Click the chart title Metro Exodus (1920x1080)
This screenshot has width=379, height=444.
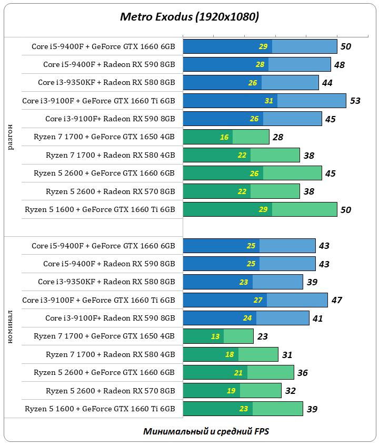coord(189,17)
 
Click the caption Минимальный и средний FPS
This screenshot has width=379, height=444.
coord(206,431)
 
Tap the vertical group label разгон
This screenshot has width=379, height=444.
coord(11,138)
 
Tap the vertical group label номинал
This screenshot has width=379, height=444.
coord(11,327)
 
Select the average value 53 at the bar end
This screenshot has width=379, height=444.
coord(355,101)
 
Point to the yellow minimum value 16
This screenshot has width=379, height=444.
coord(224,137)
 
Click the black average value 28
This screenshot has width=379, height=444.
coord(278,137)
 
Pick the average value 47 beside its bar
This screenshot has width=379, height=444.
coord(336,300)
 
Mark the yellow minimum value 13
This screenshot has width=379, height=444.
coord(215,336)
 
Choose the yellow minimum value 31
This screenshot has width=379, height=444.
coord(269,101)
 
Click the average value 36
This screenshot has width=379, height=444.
coord(303,373)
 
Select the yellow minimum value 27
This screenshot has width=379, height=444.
coord(258,300)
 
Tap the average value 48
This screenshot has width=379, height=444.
coord(340,64)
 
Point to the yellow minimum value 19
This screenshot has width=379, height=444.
coord(231,391)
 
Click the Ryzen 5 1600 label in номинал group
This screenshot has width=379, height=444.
coord(99,409)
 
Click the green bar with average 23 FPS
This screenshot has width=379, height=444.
coord(218,336)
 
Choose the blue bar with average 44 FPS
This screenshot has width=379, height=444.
coord(251,83)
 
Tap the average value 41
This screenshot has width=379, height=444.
coord(317,318)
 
